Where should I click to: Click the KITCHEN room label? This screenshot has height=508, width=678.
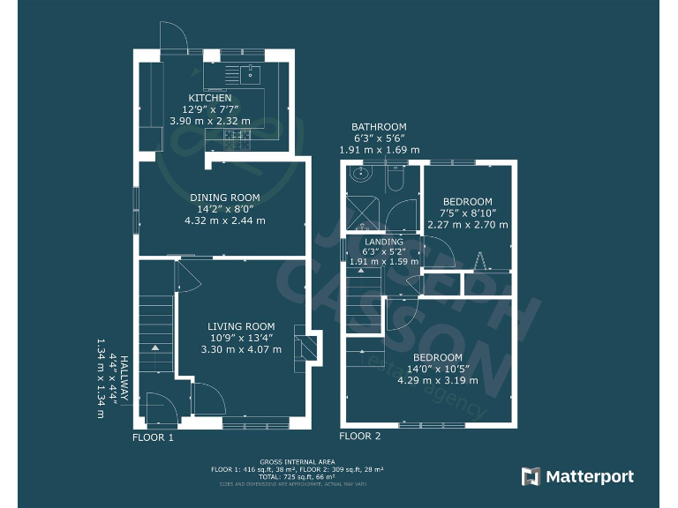coord(210,98)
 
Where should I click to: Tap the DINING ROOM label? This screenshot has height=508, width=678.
coord(225,198)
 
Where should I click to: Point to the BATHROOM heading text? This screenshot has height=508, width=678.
coord(379,127)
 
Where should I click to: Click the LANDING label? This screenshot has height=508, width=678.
coord(384,242)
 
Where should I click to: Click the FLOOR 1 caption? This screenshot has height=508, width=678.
coord(154,437)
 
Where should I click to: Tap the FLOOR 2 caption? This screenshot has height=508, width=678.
coord(360,437)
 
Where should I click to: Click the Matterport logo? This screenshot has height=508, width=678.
coord(578,477)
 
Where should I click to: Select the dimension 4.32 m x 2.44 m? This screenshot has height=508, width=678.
coord(225,220)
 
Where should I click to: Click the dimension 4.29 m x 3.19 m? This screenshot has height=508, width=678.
coord(438,380)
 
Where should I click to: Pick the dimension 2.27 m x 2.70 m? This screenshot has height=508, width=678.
coord(468,225)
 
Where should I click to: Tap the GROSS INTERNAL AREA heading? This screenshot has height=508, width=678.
coord(297,461)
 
